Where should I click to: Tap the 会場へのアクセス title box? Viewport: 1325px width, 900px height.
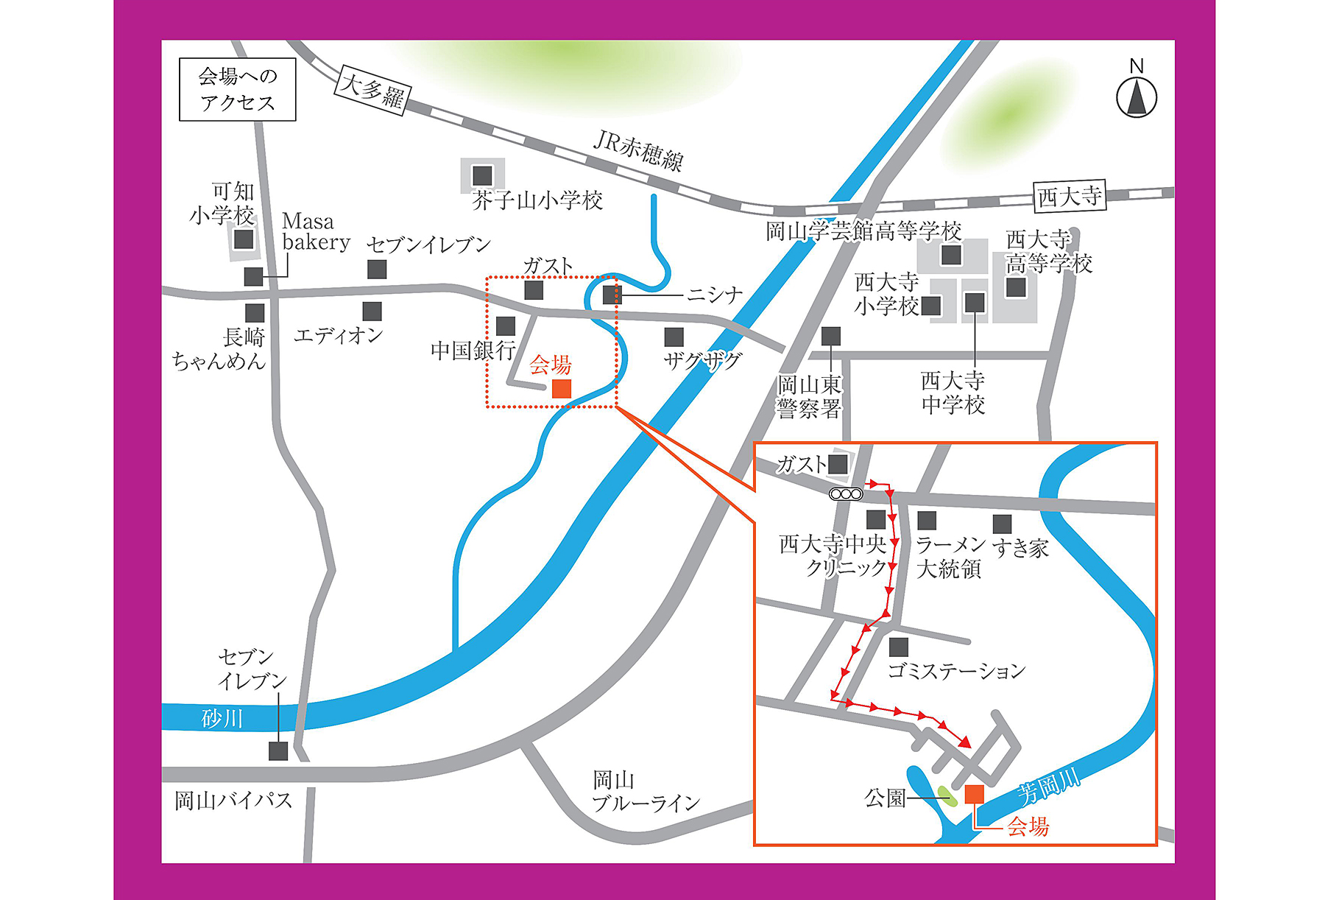237,90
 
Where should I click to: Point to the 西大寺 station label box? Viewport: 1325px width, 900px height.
1069,197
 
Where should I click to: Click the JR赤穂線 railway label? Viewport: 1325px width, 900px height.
638,151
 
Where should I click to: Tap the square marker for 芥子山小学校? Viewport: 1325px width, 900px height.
482,175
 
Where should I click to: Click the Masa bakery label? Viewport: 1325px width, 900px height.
315,231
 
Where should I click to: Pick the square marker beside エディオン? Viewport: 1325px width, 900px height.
372,312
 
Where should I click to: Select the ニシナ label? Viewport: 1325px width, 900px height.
714,295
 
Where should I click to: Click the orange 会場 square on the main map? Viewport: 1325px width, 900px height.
562,389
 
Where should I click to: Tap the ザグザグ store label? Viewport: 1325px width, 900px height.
702,361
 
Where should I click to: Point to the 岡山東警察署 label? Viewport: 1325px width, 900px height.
809,397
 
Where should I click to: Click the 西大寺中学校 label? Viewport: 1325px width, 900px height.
953,393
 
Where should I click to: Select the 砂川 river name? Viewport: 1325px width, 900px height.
222,718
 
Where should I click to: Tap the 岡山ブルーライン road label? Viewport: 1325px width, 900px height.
645,792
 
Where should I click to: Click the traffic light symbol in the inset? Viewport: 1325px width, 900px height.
846,494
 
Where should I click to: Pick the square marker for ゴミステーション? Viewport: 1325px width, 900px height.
898,647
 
